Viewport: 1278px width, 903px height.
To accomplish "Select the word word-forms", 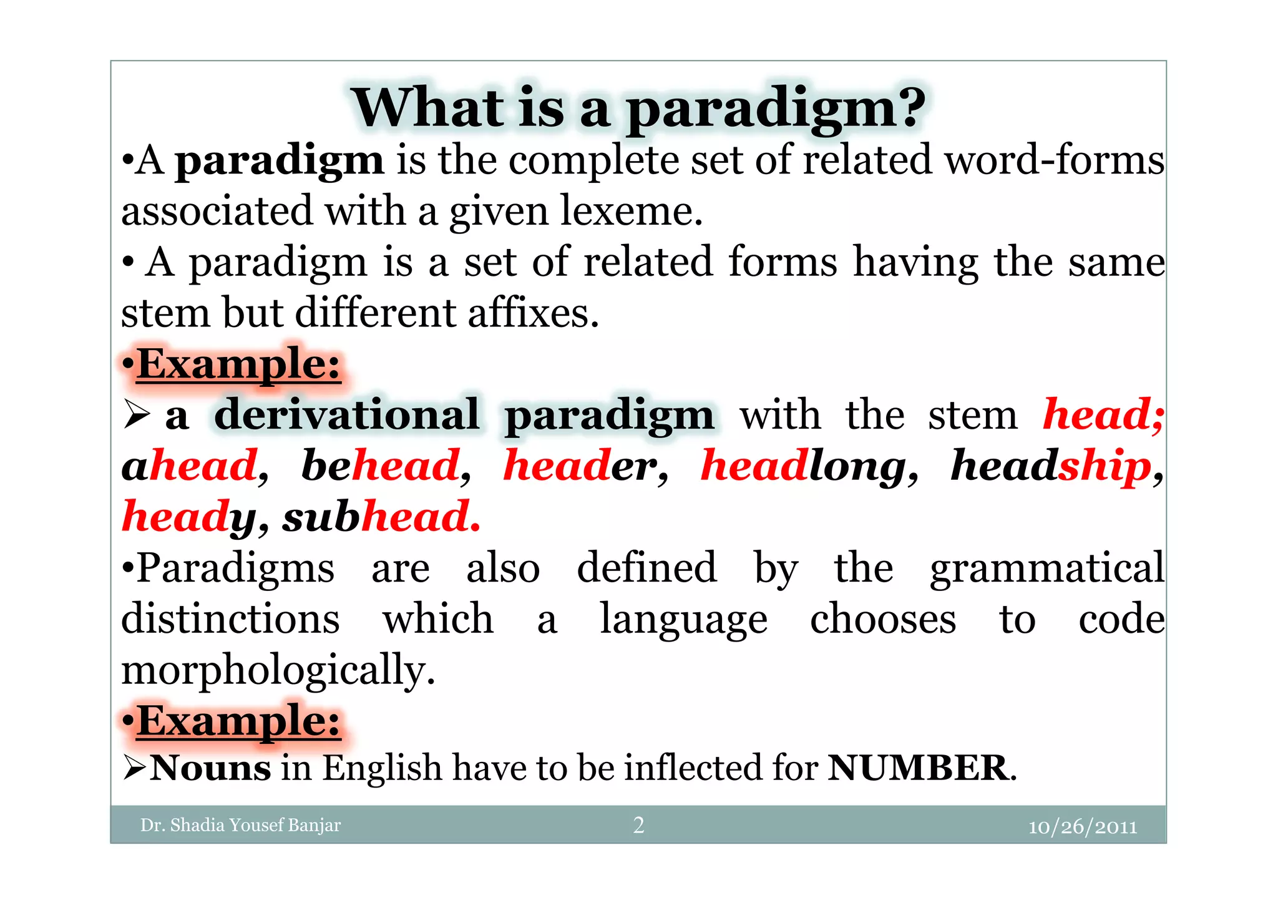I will pos(1054,160).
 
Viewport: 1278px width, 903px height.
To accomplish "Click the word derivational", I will pos(347,415).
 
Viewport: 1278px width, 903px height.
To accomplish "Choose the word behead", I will pos(381,466).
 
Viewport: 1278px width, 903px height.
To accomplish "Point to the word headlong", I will pos(803,467).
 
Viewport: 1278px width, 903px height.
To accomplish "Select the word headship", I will pos(1050,466).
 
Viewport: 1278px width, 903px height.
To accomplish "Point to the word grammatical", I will pos(1046,569).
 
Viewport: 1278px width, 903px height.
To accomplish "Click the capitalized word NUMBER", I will pos(917,768).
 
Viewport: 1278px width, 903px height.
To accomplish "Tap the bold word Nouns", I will pos(211,768).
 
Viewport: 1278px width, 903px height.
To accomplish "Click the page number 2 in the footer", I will pos(638,825).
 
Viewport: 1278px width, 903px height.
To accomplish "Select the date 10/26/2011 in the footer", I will pos(1082,827).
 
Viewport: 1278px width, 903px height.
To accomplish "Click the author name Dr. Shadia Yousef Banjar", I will pos(240,825).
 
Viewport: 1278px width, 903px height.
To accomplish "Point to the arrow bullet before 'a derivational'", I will pos(137,415).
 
